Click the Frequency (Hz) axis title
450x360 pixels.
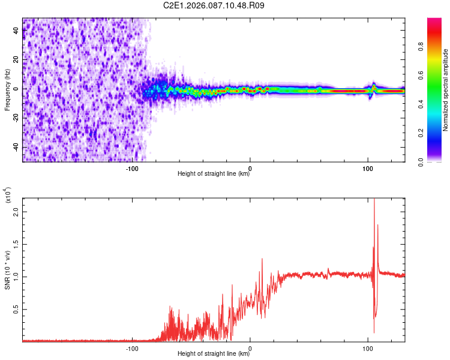[x=7, y=90]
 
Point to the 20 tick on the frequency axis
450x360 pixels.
[x=16, y=59]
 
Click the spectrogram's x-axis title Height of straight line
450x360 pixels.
[x=214, y=174]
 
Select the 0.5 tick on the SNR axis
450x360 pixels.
[x=16, y=310]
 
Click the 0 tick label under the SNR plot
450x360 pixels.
[x=250, y=347]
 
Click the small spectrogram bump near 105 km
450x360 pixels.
[x=374, y=86]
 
